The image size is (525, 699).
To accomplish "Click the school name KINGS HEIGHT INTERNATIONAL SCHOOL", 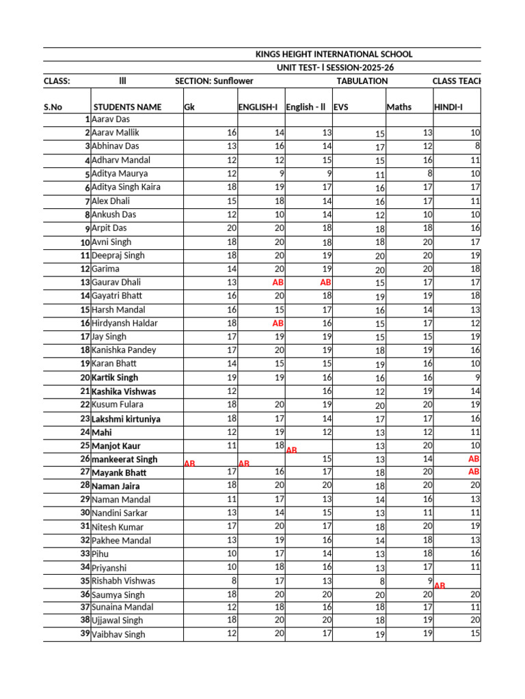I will (334, 54).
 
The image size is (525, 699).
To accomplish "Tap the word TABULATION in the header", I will (362, 81).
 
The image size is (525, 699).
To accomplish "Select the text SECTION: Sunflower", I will (214, 81).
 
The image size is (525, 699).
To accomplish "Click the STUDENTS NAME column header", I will (127, 107).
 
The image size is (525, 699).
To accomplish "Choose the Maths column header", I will (399, 107).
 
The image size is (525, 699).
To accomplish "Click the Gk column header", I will (189, 107).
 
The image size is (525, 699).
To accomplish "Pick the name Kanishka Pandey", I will (124, 350).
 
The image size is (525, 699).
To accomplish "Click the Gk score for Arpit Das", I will (231, 228).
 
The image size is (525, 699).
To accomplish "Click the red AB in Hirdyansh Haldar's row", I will (278, 323).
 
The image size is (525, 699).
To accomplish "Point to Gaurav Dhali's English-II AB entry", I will (325, 282).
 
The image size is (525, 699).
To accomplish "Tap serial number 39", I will (85, 634).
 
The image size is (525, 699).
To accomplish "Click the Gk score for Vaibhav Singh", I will (231, 634).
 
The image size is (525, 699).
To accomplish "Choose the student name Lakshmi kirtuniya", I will (126, 418).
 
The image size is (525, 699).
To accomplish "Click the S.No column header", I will (53, 107).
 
